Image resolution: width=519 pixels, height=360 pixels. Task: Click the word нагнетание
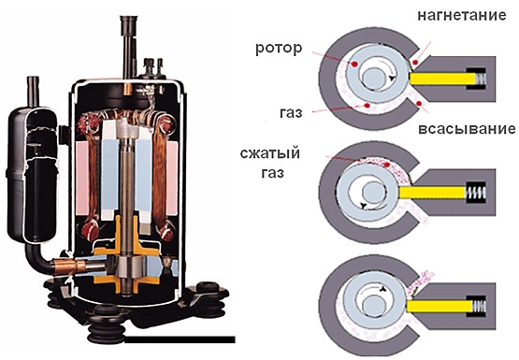462,16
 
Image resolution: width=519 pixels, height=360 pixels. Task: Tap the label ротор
279,49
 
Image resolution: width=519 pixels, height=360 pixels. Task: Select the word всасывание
467,129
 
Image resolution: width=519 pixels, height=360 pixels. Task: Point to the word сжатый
270,154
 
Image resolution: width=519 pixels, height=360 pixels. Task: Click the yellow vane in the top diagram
442,79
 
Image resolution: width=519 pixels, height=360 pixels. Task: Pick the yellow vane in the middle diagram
432,193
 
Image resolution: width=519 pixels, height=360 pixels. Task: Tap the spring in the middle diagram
476,193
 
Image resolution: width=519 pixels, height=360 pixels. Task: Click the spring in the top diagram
481,79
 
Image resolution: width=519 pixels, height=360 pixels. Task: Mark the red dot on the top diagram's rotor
354,64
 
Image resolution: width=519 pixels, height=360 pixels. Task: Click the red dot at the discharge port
415,62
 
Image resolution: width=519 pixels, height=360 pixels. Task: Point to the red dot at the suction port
419,104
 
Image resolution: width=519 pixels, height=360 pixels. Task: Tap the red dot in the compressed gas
386,165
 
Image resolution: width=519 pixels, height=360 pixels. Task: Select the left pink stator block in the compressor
82,178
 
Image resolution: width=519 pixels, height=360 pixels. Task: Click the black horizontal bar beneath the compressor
180,339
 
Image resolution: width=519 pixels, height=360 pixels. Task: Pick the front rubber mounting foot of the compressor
106,324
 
